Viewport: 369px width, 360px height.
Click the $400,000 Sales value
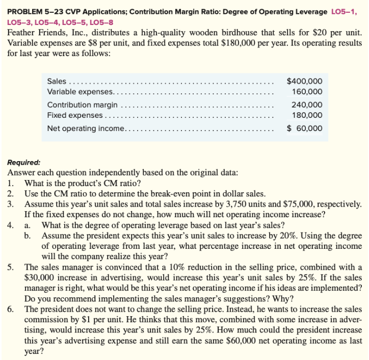point(304,81)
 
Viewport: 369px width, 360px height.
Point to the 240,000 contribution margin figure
point(307,105)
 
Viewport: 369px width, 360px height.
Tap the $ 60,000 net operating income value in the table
point(304,128)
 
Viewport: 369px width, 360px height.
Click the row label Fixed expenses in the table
point(74,115)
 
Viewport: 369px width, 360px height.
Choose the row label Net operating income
point(86,128)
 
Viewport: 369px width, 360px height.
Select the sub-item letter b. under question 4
point(30,236)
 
